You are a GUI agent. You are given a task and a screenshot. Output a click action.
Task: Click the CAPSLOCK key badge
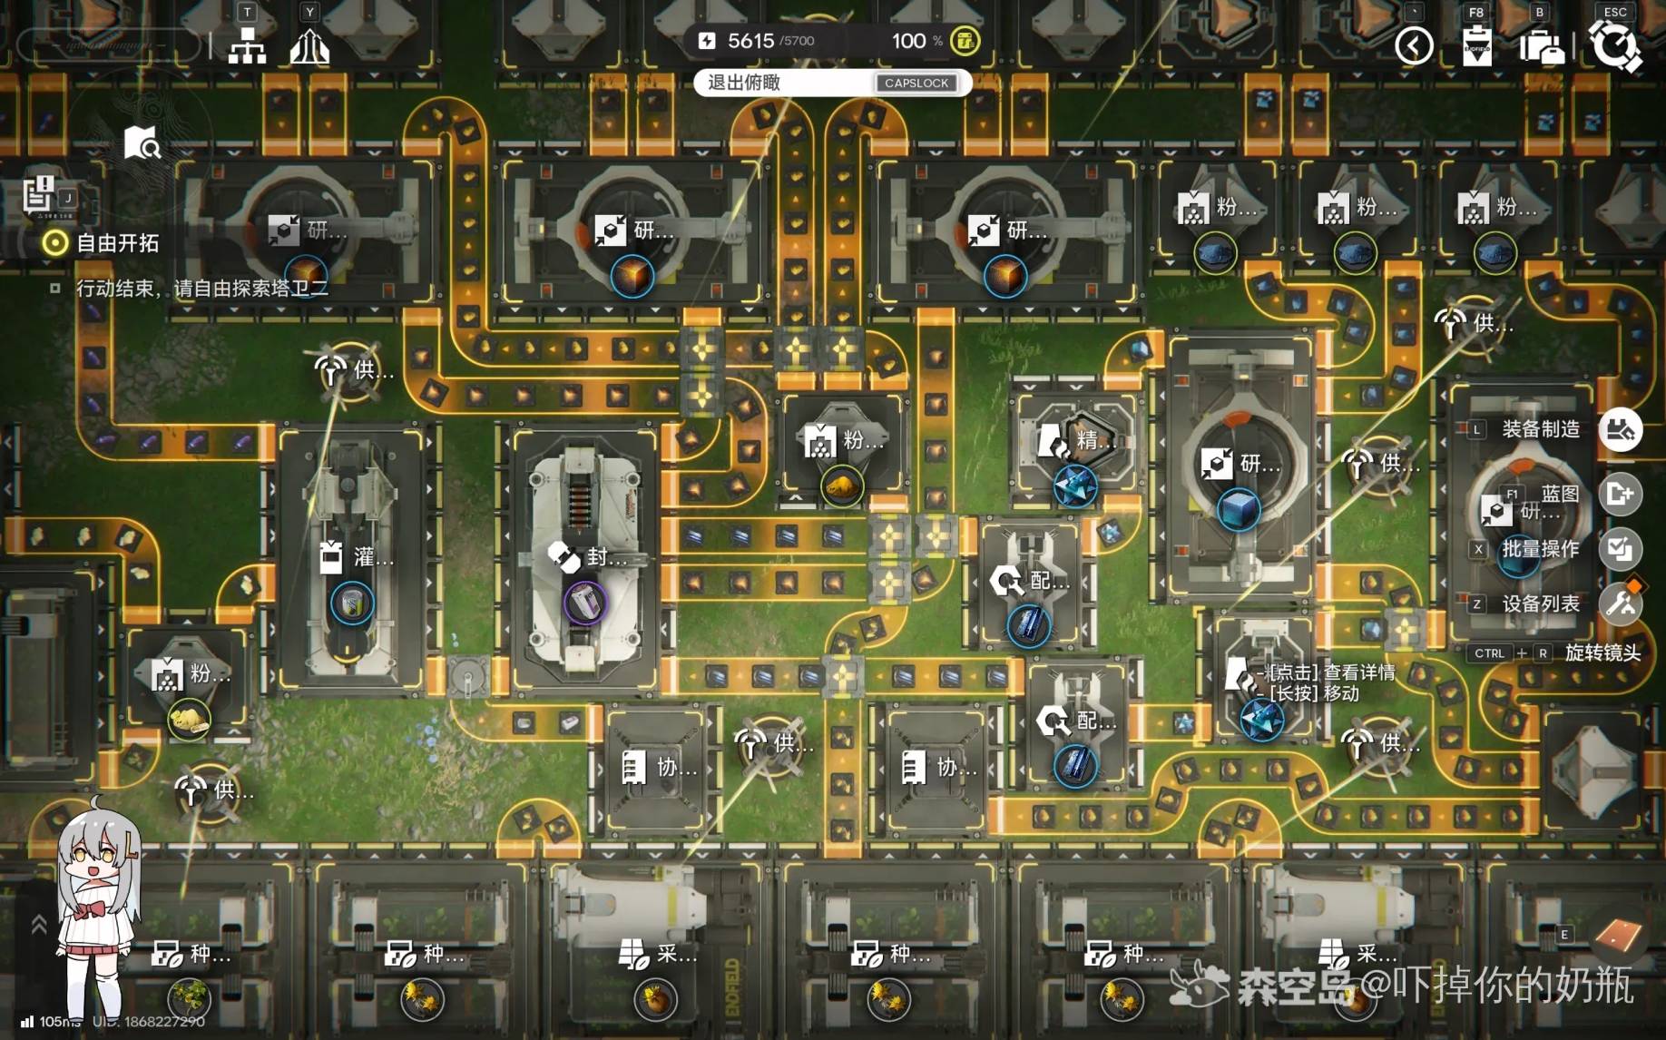coord(916,83)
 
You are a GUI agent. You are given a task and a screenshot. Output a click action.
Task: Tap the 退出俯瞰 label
coord(744,83)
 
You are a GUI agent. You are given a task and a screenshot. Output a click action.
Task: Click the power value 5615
coord(750,41)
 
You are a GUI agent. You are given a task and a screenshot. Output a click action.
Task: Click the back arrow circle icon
coord(1414,45)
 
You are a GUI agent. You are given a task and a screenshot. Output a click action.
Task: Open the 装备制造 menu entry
coord(1541,429)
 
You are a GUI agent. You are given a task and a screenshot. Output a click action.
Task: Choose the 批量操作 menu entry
coord(1541,549)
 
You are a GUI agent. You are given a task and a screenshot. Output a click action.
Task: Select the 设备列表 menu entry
coord(1541,603)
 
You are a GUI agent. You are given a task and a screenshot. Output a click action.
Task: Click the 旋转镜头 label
coord(1602,652)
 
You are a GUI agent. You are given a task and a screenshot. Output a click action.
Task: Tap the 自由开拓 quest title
coord(117,243)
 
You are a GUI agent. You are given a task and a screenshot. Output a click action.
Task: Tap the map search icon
coord(142,142)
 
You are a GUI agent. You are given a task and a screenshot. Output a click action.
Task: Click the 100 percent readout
coord(909,41)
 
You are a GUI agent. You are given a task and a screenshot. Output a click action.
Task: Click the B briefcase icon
coord(1541,45)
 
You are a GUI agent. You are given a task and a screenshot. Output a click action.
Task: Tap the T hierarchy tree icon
coord(247,45)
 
